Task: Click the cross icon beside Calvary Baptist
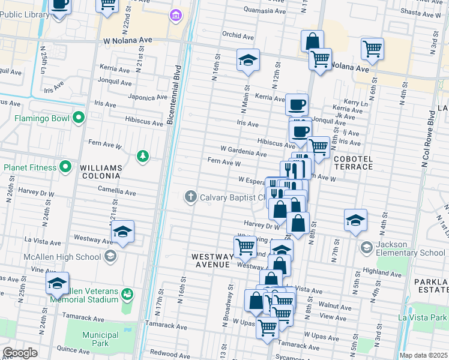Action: click(191, 197)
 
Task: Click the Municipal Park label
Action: click(96, 339)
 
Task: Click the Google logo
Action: click(20, 353)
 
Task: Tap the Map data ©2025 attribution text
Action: click(423, 355)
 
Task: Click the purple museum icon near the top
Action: click(175, 14)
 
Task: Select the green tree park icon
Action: click(142, 157)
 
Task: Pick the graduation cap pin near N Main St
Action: click(248, 60)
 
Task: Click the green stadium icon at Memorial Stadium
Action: click(127, 293)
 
